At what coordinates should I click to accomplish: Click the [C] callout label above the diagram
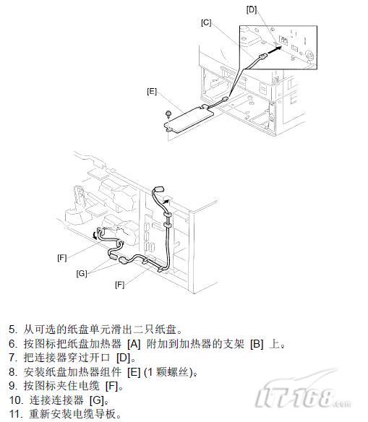point(206,22)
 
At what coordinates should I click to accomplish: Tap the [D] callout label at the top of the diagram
point(252,9)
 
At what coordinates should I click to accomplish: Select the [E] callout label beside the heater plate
point(152,92)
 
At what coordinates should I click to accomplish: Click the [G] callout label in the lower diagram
point(82,273)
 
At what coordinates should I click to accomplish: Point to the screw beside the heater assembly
point(168,114)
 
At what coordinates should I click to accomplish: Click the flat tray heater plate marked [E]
point(189,119)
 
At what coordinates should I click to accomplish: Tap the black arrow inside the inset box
point(275,49)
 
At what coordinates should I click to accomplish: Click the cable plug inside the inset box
point(262,56)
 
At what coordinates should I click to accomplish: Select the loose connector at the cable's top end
point(158,189)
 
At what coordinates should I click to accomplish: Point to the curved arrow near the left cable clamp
point(95,235)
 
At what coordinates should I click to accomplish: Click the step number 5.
point(13,330)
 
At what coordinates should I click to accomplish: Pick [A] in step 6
point(134,344)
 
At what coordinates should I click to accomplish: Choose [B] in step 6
point(257,344)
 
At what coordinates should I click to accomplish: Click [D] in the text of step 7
point(124,358)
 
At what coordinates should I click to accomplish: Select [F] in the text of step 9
point(112,386)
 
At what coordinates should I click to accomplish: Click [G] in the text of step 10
point(97,400)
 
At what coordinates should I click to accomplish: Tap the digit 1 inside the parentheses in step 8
point(150,372)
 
